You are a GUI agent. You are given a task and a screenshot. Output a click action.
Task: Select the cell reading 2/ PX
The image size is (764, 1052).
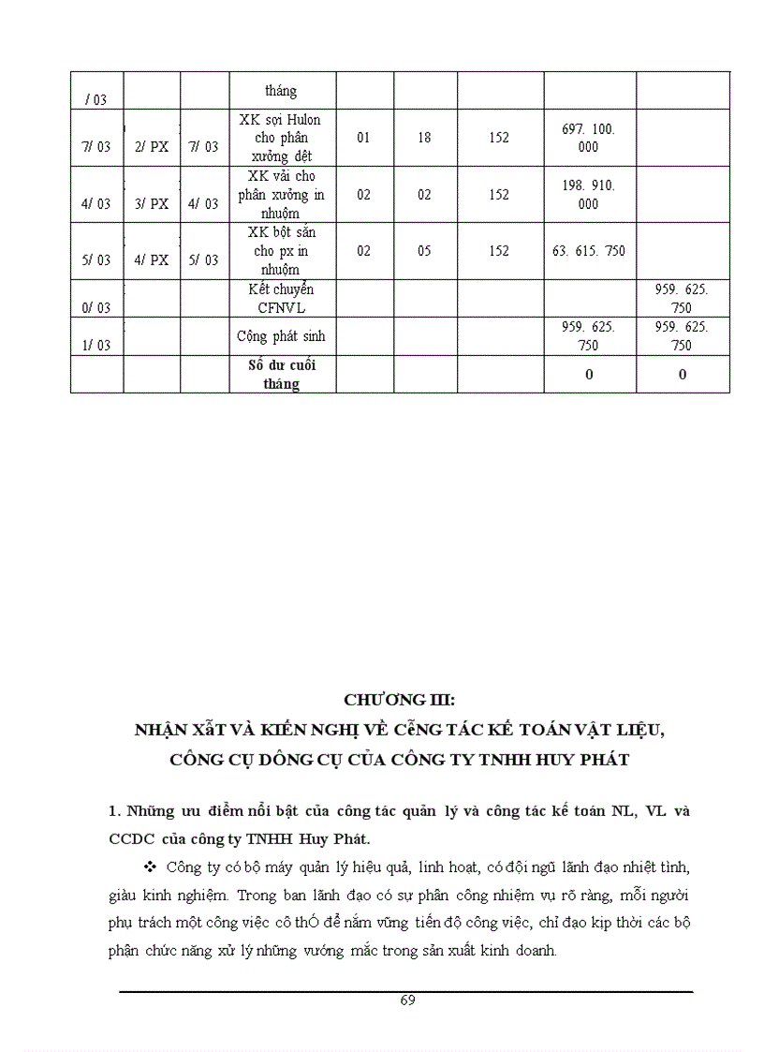click(151, 147)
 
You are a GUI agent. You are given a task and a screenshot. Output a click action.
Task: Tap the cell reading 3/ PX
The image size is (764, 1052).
click(151, 203)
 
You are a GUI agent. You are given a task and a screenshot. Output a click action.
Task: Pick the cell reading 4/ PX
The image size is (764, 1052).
click(151, 259)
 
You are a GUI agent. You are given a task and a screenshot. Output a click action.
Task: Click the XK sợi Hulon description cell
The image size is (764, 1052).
click(281, 138)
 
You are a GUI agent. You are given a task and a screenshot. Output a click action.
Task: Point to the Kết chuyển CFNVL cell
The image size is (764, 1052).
click(281, 298)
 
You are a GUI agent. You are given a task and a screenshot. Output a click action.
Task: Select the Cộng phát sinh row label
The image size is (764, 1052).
click(281, 335)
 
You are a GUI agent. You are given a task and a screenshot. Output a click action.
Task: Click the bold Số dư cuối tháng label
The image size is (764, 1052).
click(281, 374)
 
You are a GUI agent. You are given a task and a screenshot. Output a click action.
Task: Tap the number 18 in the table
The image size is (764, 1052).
click(425, 138)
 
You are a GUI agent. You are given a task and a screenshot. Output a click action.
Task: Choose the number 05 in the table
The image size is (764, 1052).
click(425, 251)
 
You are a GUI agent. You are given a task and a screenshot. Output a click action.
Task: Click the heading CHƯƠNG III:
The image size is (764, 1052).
click(399, 700)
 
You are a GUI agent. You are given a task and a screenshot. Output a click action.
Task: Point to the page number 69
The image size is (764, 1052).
click(407, 1000)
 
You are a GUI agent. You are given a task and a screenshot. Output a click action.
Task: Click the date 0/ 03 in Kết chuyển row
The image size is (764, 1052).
click(96, 307)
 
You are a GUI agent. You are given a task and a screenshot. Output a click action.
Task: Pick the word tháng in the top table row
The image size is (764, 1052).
click(281, 91)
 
